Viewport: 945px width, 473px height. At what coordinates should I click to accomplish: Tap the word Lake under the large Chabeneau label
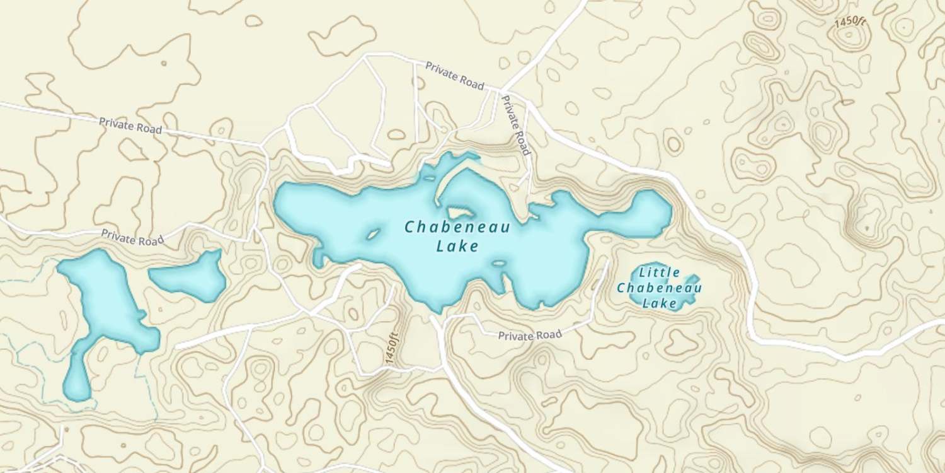tap(457, 247)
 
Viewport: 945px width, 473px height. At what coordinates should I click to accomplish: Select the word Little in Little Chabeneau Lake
tap(660, 273)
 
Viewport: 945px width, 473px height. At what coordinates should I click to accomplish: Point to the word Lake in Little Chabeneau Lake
tap(660, 303)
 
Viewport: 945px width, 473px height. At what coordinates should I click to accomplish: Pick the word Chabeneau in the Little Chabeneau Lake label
tap(660, 288)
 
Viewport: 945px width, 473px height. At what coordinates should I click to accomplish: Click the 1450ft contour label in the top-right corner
tap(850, 21)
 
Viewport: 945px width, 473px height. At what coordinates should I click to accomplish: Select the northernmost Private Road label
tap(454, 76)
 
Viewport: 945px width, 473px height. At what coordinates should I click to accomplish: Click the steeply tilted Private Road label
tap(516, 125)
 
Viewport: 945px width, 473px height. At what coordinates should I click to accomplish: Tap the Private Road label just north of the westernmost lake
tap(132, 237)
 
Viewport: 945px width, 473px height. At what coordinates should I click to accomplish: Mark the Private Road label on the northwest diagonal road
tap(130, 125)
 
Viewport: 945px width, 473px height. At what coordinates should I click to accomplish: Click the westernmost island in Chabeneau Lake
tap(372, 235)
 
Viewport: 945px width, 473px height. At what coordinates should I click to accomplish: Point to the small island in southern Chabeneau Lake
tap(499, 263)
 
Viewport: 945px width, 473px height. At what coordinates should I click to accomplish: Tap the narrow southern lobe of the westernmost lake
tap(77, 379)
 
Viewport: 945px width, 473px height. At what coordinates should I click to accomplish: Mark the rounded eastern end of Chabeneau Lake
tap(652, 211)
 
